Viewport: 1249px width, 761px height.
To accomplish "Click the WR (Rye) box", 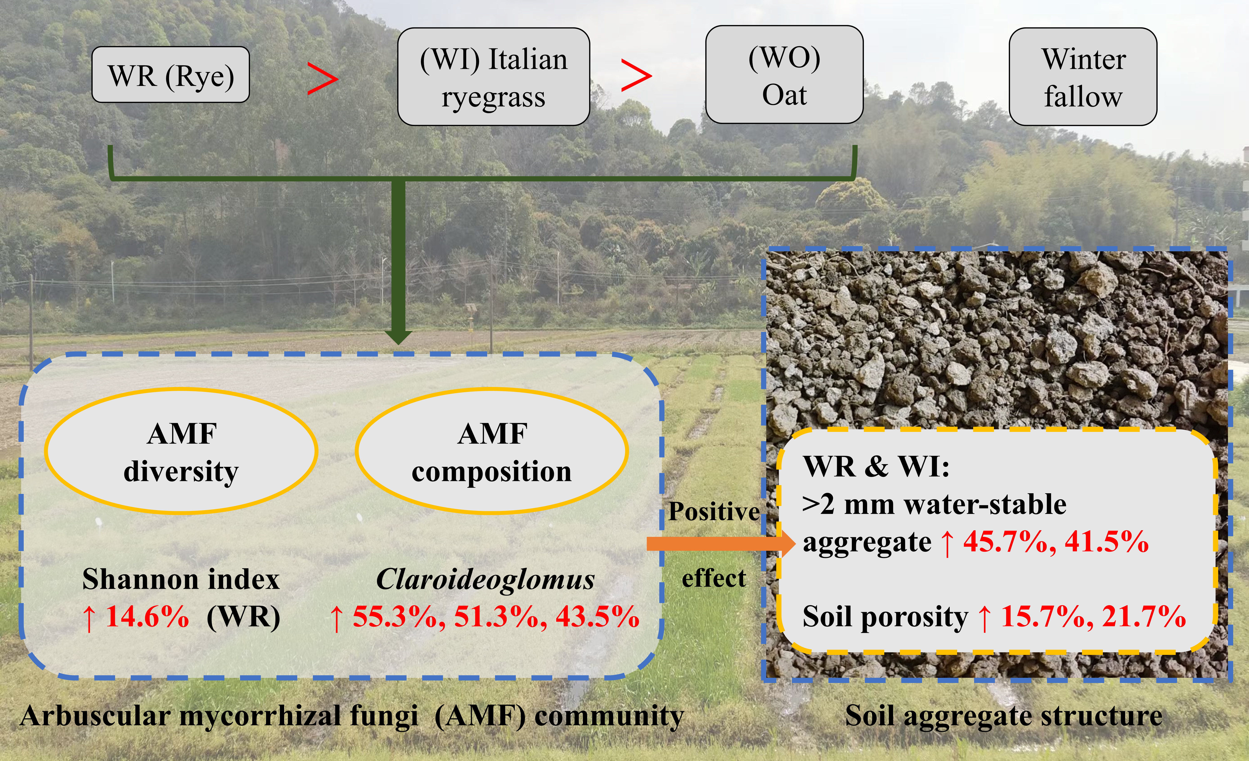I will pyautogui.click(x=170, y=75).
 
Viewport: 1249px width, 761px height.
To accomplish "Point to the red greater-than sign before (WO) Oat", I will pyautogui.click(x=636, y=76).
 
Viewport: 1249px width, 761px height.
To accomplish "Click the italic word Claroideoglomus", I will pyautogui.click(x=485, y=579).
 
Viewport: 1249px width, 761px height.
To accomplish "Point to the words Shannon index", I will pyautogui.click(x=181, y=579).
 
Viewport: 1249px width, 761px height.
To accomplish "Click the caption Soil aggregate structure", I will pyautogui.click(x=1004, y=716).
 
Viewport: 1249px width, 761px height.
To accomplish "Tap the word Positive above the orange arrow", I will pyautogui.click(x=714, y=511).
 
